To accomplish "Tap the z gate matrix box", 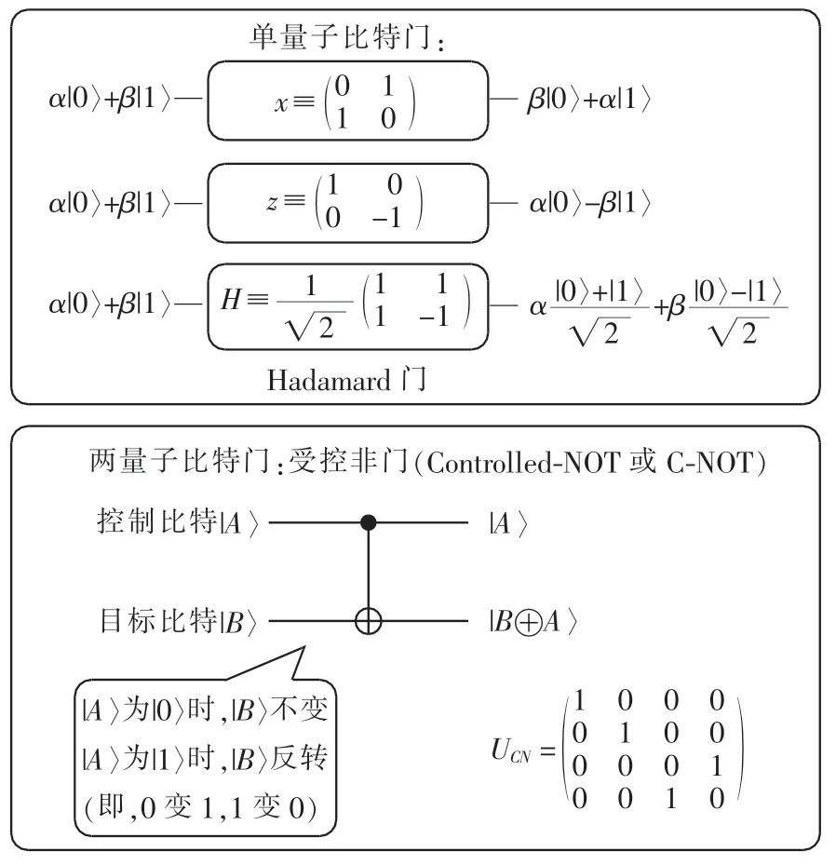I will [x=348, y=201].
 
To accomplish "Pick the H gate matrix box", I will [x=348, y=304].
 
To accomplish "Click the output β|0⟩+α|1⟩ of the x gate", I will [x=588, y=100].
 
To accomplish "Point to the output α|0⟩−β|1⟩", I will [x=588, y=202].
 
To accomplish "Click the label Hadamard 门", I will [x=347, y=381].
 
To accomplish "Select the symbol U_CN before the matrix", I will [x=514, y=750].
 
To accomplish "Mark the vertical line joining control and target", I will [x=369, y=570].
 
